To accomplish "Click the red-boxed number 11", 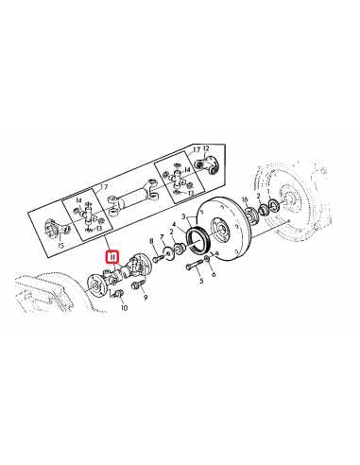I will [111, 255].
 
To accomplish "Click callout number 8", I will [152, 244].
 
